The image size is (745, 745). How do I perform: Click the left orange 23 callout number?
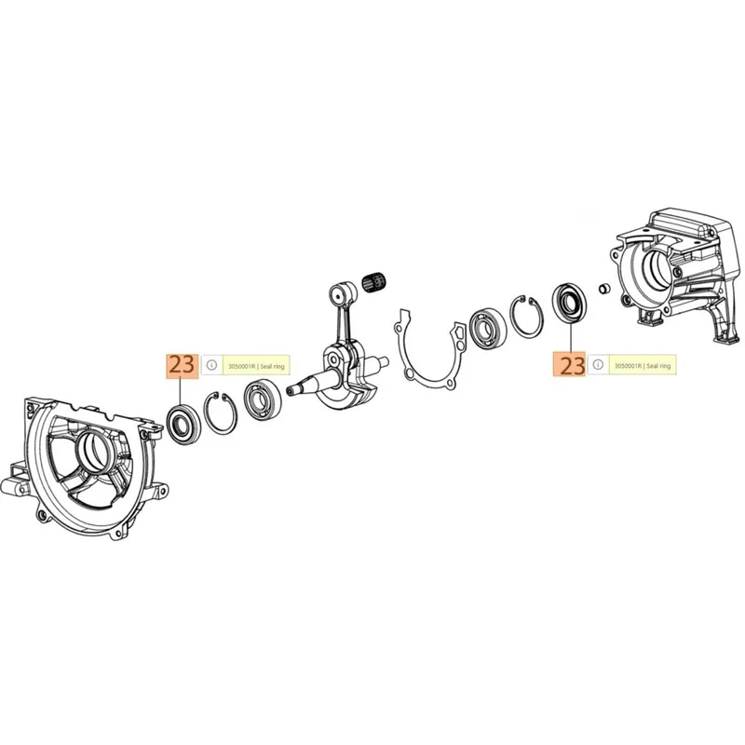[x=182, y=365]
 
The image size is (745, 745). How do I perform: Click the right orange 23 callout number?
[x=569, y=364]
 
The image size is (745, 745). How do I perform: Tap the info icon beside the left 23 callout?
[x=212, y=365]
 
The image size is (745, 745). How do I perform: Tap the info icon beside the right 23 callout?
[x=598, y=364]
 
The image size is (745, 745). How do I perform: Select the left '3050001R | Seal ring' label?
[x=256, y=366]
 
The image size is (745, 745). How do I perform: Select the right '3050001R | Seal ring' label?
[x=643, y=366]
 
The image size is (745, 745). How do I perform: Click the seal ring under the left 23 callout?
[x=183, y=425]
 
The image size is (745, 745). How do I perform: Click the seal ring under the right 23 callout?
[x=570, y=304]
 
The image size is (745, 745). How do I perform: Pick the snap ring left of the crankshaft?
[x=220, y=413]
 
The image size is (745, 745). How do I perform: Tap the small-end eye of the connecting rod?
[x=339, y=295]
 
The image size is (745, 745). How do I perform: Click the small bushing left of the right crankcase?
[x=603, y=288]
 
